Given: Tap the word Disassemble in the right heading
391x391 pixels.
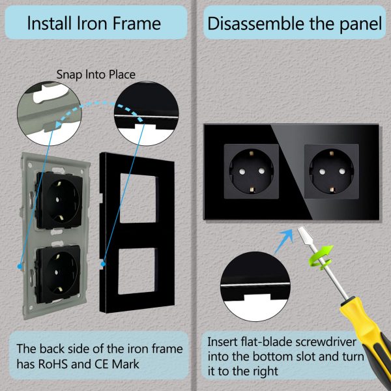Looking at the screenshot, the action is pyautogui.click(x=256, y=23).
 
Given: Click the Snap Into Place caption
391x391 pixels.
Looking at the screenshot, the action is pyautogui.click(x=96, y=74).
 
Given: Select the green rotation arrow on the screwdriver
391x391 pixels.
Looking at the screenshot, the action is pyautogui.click(x=321, y=257).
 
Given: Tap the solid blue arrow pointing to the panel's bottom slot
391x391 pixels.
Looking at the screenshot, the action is pyautogui.click(x=284, y=240).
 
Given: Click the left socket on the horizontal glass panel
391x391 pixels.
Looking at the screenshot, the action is pyautogui.click(x=252, y=171).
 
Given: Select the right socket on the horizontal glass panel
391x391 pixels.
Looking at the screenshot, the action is pyautogui.click(x=332, y=171).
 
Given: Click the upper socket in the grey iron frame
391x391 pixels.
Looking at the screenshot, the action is pyautogui.click(x=59, y=200).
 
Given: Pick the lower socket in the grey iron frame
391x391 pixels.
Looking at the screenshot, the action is pyautogui.click(x=58, y=274).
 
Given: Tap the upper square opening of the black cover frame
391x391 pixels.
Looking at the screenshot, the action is pyautogui.click(x=139, y=198).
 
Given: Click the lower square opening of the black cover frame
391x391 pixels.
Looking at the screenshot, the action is pyautogui.click(x=138, y=271).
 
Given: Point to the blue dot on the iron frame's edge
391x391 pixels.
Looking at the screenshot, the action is pyautogui.click(x=20, y=267).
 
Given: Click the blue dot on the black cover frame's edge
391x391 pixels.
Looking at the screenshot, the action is pyautogui.click(x=103, y=264).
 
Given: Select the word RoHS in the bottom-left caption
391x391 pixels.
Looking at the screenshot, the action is pyautogui.click(x=53, y=364).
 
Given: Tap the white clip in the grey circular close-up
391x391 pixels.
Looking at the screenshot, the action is pyautogui.click(x=50, y=93).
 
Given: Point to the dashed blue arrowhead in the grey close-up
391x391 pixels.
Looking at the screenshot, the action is pyautogui.click(x=59, y=124).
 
